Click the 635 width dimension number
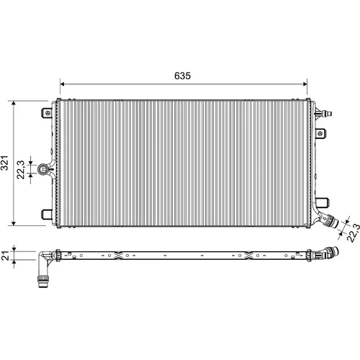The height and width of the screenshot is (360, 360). click(182, 76)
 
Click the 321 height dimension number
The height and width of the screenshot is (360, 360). click(4, 163)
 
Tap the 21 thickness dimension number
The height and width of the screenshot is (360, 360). click(5, 256)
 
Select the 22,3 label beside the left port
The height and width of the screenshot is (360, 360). click(21, 169)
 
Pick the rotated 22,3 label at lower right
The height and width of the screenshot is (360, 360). click(354, 233)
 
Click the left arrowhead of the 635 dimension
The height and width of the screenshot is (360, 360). click(62, 84)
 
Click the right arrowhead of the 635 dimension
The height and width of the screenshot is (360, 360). click(305, 84)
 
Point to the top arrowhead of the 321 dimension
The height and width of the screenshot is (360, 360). click(14, 104)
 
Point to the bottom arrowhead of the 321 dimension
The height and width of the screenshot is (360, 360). click(14, 223)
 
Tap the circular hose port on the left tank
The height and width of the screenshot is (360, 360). click(42, 168)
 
